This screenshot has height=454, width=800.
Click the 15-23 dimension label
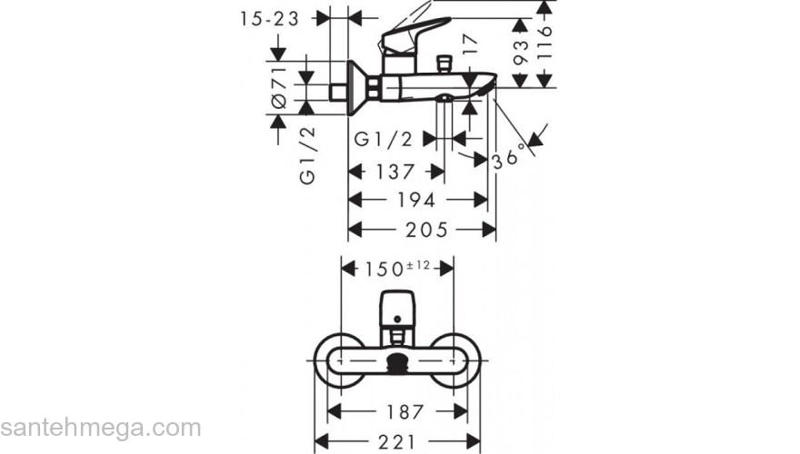click(269, 19)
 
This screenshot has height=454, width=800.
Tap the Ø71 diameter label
click(279, 87)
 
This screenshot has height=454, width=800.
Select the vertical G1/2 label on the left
click(307, 155)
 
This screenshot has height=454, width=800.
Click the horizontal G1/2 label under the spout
click(383, 139)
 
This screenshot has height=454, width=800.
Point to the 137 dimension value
click(395, 172)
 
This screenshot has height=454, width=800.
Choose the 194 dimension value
click(416, 200)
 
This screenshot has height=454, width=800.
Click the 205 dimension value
click(426, 230)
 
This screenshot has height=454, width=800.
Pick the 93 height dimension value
click(520, 53)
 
